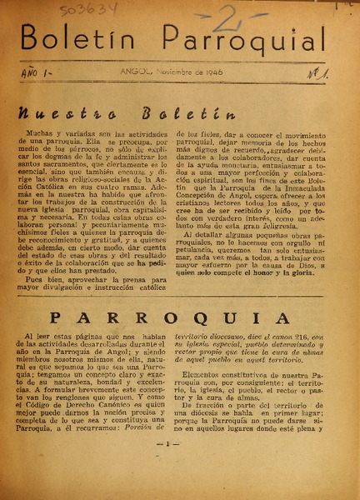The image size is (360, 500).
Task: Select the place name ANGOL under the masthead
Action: (133, 72)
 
